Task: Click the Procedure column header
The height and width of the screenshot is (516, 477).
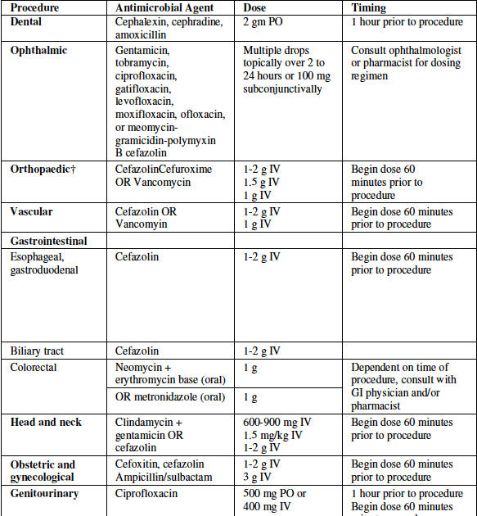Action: coord(35,7)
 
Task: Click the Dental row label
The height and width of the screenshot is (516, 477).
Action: coord(27,21)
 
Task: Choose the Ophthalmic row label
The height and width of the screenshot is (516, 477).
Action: coord(38,51)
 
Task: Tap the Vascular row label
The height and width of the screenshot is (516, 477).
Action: coord(32,211)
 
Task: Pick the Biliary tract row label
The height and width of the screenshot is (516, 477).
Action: coord(37,351)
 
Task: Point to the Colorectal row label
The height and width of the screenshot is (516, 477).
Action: coord(34,368)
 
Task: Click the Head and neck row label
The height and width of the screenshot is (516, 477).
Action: coord(46,422)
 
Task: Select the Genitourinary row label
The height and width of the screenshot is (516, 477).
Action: coord(44,494)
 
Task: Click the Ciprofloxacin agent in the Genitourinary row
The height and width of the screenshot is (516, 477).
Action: coord(146,494)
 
